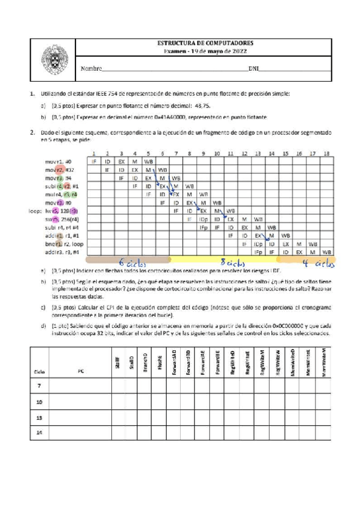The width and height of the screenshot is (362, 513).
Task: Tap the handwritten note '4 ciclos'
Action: (x=318, y=262)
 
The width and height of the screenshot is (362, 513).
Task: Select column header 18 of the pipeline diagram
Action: (x=326, y=154)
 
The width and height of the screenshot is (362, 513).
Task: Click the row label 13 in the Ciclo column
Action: (x=40, y=417)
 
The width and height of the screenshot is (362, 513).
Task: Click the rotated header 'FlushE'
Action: (x=160, y=361)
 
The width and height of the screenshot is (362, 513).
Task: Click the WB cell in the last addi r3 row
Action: (x=326, y=251)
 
